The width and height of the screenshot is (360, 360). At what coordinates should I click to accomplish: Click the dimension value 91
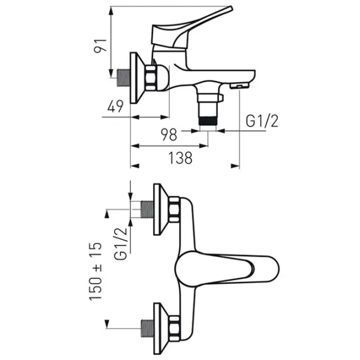pos(100,46)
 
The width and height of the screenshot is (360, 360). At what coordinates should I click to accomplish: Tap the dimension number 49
pos(115,106)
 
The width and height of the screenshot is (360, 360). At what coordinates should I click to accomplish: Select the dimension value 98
pos(169,134)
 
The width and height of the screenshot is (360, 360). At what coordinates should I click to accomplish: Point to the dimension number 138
pos(180,158)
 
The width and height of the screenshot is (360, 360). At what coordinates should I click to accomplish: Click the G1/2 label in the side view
pos(262,121)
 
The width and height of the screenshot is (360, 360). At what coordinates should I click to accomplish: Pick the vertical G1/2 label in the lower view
pos(121,244)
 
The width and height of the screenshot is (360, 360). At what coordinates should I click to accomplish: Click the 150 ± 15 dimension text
pos(95,271)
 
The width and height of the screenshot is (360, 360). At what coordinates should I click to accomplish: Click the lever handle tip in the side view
pos(230,8)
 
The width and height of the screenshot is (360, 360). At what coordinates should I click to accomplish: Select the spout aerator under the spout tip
pos(239,86)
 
